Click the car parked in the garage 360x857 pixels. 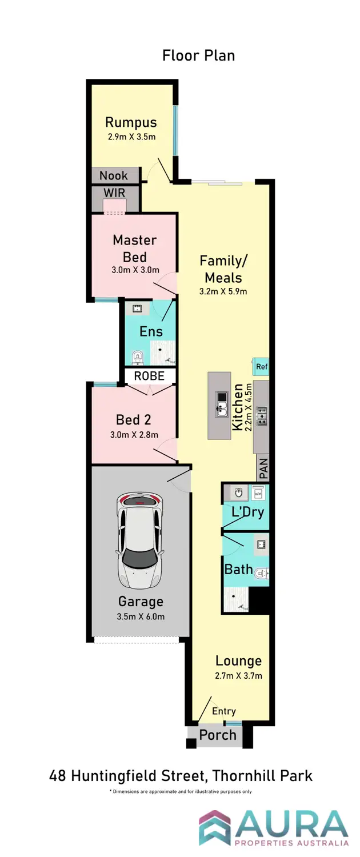tap(138, 542)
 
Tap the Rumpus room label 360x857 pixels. tap(131, 122)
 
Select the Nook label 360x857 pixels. tap(114, 176)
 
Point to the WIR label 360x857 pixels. tap(114, 193)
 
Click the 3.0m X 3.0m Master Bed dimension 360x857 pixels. tap(134, 270)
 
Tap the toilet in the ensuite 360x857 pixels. tap(137, 358)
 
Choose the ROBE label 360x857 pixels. tap(149, 376)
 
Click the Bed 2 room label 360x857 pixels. tap(133, 420)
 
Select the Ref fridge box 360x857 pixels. tap(262, 367)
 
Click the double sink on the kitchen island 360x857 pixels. tap(221, 404)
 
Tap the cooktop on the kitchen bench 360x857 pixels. tap(262, 416)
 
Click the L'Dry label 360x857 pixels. tap(247, 512)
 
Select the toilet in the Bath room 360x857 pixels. tap(262, 572)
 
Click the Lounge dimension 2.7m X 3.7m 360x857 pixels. tap(238, 676)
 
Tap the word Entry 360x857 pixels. tap(223, 711)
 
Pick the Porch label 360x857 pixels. tap(218, 735)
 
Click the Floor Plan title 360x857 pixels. tap(198, 55)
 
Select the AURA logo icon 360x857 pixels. tap(214, 827)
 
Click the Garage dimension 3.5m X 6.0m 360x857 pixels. tap(141, 616)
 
